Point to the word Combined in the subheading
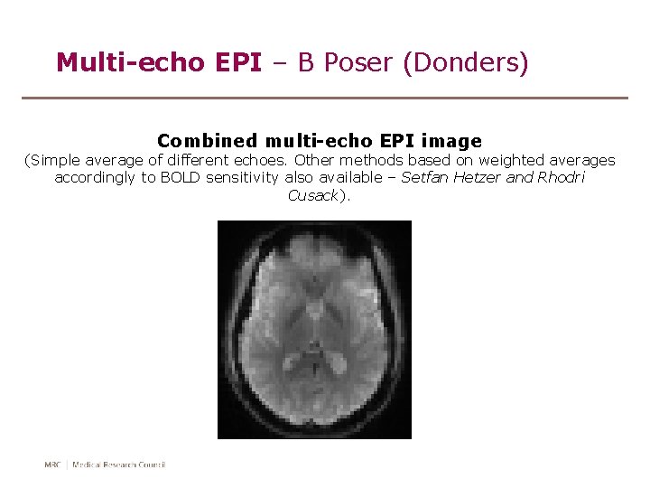click(207, 141)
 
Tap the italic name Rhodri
click(562, 178)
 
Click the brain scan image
click(314, 330)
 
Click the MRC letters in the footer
click(52, 465)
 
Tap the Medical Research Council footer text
click(119, 465)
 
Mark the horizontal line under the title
click(325, 98)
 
